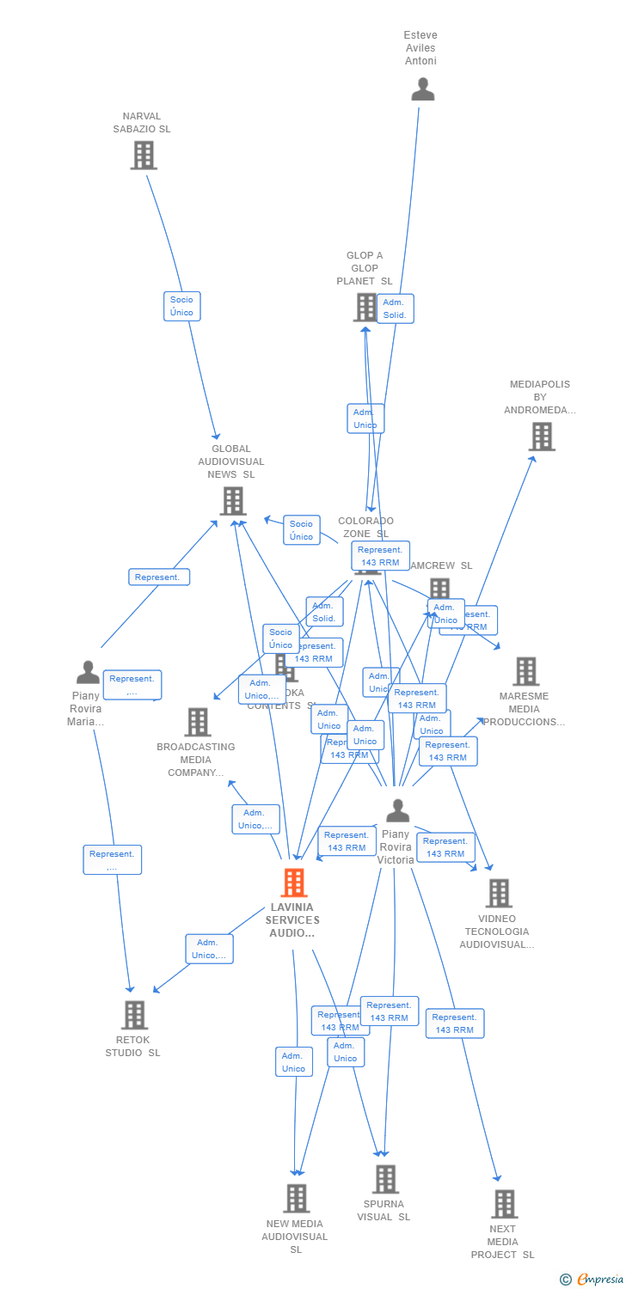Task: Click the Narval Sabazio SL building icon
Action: coord(143,156)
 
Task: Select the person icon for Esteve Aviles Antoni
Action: coord(422,89)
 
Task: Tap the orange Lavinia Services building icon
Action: coord(294,883)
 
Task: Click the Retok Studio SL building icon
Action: coord(134,1015)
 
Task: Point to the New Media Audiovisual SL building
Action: coord(296,1198)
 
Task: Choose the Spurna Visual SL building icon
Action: coord(385,1179)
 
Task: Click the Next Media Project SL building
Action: coord(504,1204)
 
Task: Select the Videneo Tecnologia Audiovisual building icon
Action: coord(498,894)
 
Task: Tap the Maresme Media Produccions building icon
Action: coord(525,671)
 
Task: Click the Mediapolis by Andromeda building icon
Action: coord(541,437)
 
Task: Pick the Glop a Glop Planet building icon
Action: coord(365,307)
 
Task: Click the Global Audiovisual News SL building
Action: coord(232,501)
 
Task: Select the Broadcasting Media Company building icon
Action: coord(198,722)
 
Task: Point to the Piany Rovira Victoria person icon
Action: coord(397,810)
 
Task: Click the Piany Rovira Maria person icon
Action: coord(88,672)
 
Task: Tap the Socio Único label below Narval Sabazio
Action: coord(181,306)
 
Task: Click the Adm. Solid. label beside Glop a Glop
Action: coord(395,309)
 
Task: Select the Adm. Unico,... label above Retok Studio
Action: coord(209,949)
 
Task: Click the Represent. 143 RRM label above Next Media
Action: coord(454,1023)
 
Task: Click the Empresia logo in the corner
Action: coord(592,1280)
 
